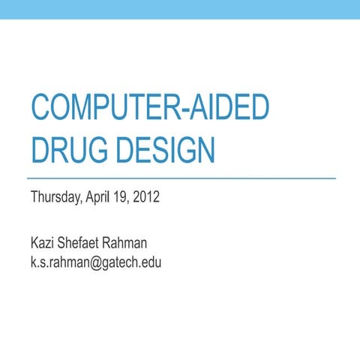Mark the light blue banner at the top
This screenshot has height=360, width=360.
180,9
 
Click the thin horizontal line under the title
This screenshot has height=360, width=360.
180,179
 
